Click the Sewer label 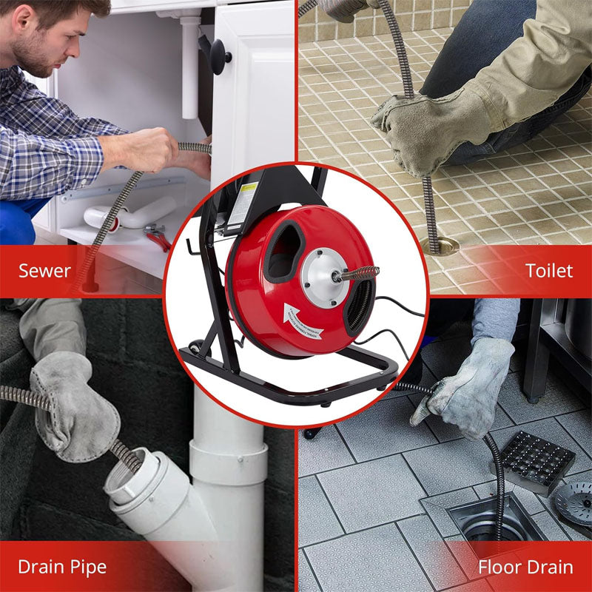coord(44,271)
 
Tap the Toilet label coord(549,271)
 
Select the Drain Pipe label coord(62,568)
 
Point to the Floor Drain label coord(525,568)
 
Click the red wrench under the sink coord(158,236)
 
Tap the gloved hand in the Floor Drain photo coord(463,385)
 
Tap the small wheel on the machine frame coord(196,346)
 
